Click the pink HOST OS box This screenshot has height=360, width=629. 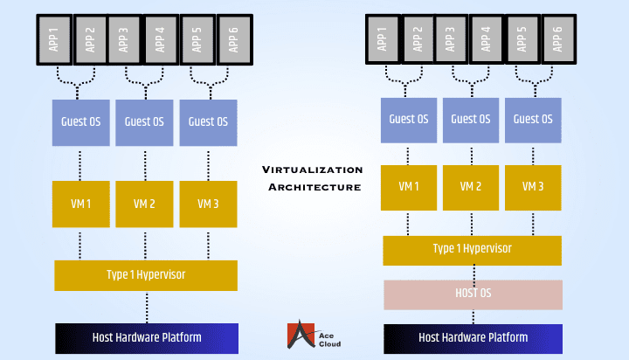point(473,294)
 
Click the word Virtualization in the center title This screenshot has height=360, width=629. point(314,170)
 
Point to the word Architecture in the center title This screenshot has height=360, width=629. point(314,187)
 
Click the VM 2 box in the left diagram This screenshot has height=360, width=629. point(145,204)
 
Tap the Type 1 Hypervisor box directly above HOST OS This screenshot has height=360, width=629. point(473,249)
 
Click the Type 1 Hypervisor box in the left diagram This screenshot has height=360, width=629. point(146,275)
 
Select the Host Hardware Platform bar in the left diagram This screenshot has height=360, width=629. point(147,337)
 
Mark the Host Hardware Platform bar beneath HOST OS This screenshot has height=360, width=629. point(473,337)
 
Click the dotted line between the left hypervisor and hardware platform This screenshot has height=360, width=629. point(146,307)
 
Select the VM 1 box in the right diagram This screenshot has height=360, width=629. point(409,187)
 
